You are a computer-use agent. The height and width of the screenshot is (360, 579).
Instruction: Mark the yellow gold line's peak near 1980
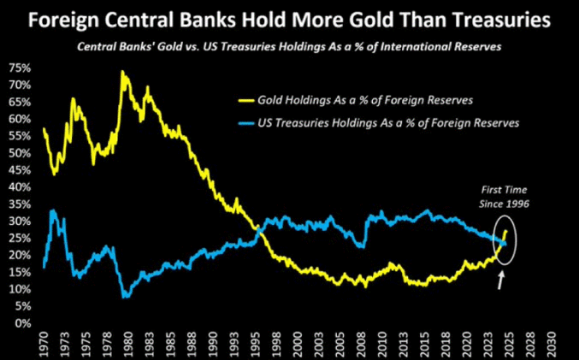pos(124,73)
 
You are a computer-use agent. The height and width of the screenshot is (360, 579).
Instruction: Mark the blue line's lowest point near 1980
pos(127,296)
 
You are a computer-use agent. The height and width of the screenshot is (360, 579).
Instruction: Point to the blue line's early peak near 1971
pos(53,210)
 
